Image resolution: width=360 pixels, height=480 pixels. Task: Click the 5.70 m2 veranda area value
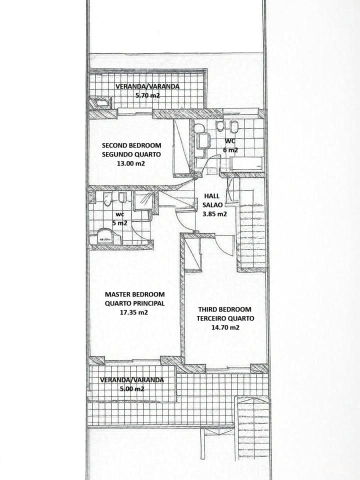(x=147, y=95)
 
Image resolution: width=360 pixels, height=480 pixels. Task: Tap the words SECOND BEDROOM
(x=131, y=145)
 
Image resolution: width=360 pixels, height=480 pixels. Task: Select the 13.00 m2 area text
(x=130, y=163)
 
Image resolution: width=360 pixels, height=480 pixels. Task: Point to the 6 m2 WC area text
(x=230, y=150)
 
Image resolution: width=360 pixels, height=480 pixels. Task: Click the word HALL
(x=212, y=196)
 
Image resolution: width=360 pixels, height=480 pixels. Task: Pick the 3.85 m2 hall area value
(x=214, y=214)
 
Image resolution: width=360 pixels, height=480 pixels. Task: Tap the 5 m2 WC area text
(x=119, y=223)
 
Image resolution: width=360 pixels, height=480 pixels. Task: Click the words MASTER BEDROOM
(x=134, y=294)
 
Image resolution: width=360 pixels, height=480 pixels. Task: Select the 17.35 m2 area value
(x=134, y=312)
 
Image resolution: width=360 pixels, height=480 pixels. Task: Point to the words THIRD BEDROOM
(x=224, y=309)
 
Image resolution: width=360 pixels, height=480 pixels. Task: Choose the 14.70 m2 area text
(x=225, y=327)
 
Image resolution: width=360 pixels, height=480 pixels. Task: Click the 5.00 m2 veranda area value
(x=131, y=389)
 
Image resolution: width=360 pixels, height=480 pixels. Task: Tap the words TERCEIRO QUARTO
(x=225, y=318)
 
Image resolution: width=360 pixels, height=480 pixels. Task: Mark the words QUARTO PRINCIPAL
(x=134, y=303)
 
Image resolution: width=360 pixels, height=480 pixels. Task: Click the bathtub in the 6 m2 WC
(x=246, y=163)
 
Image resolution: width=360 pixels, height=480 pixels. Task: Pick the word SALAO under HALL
(x=212, y=205)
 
